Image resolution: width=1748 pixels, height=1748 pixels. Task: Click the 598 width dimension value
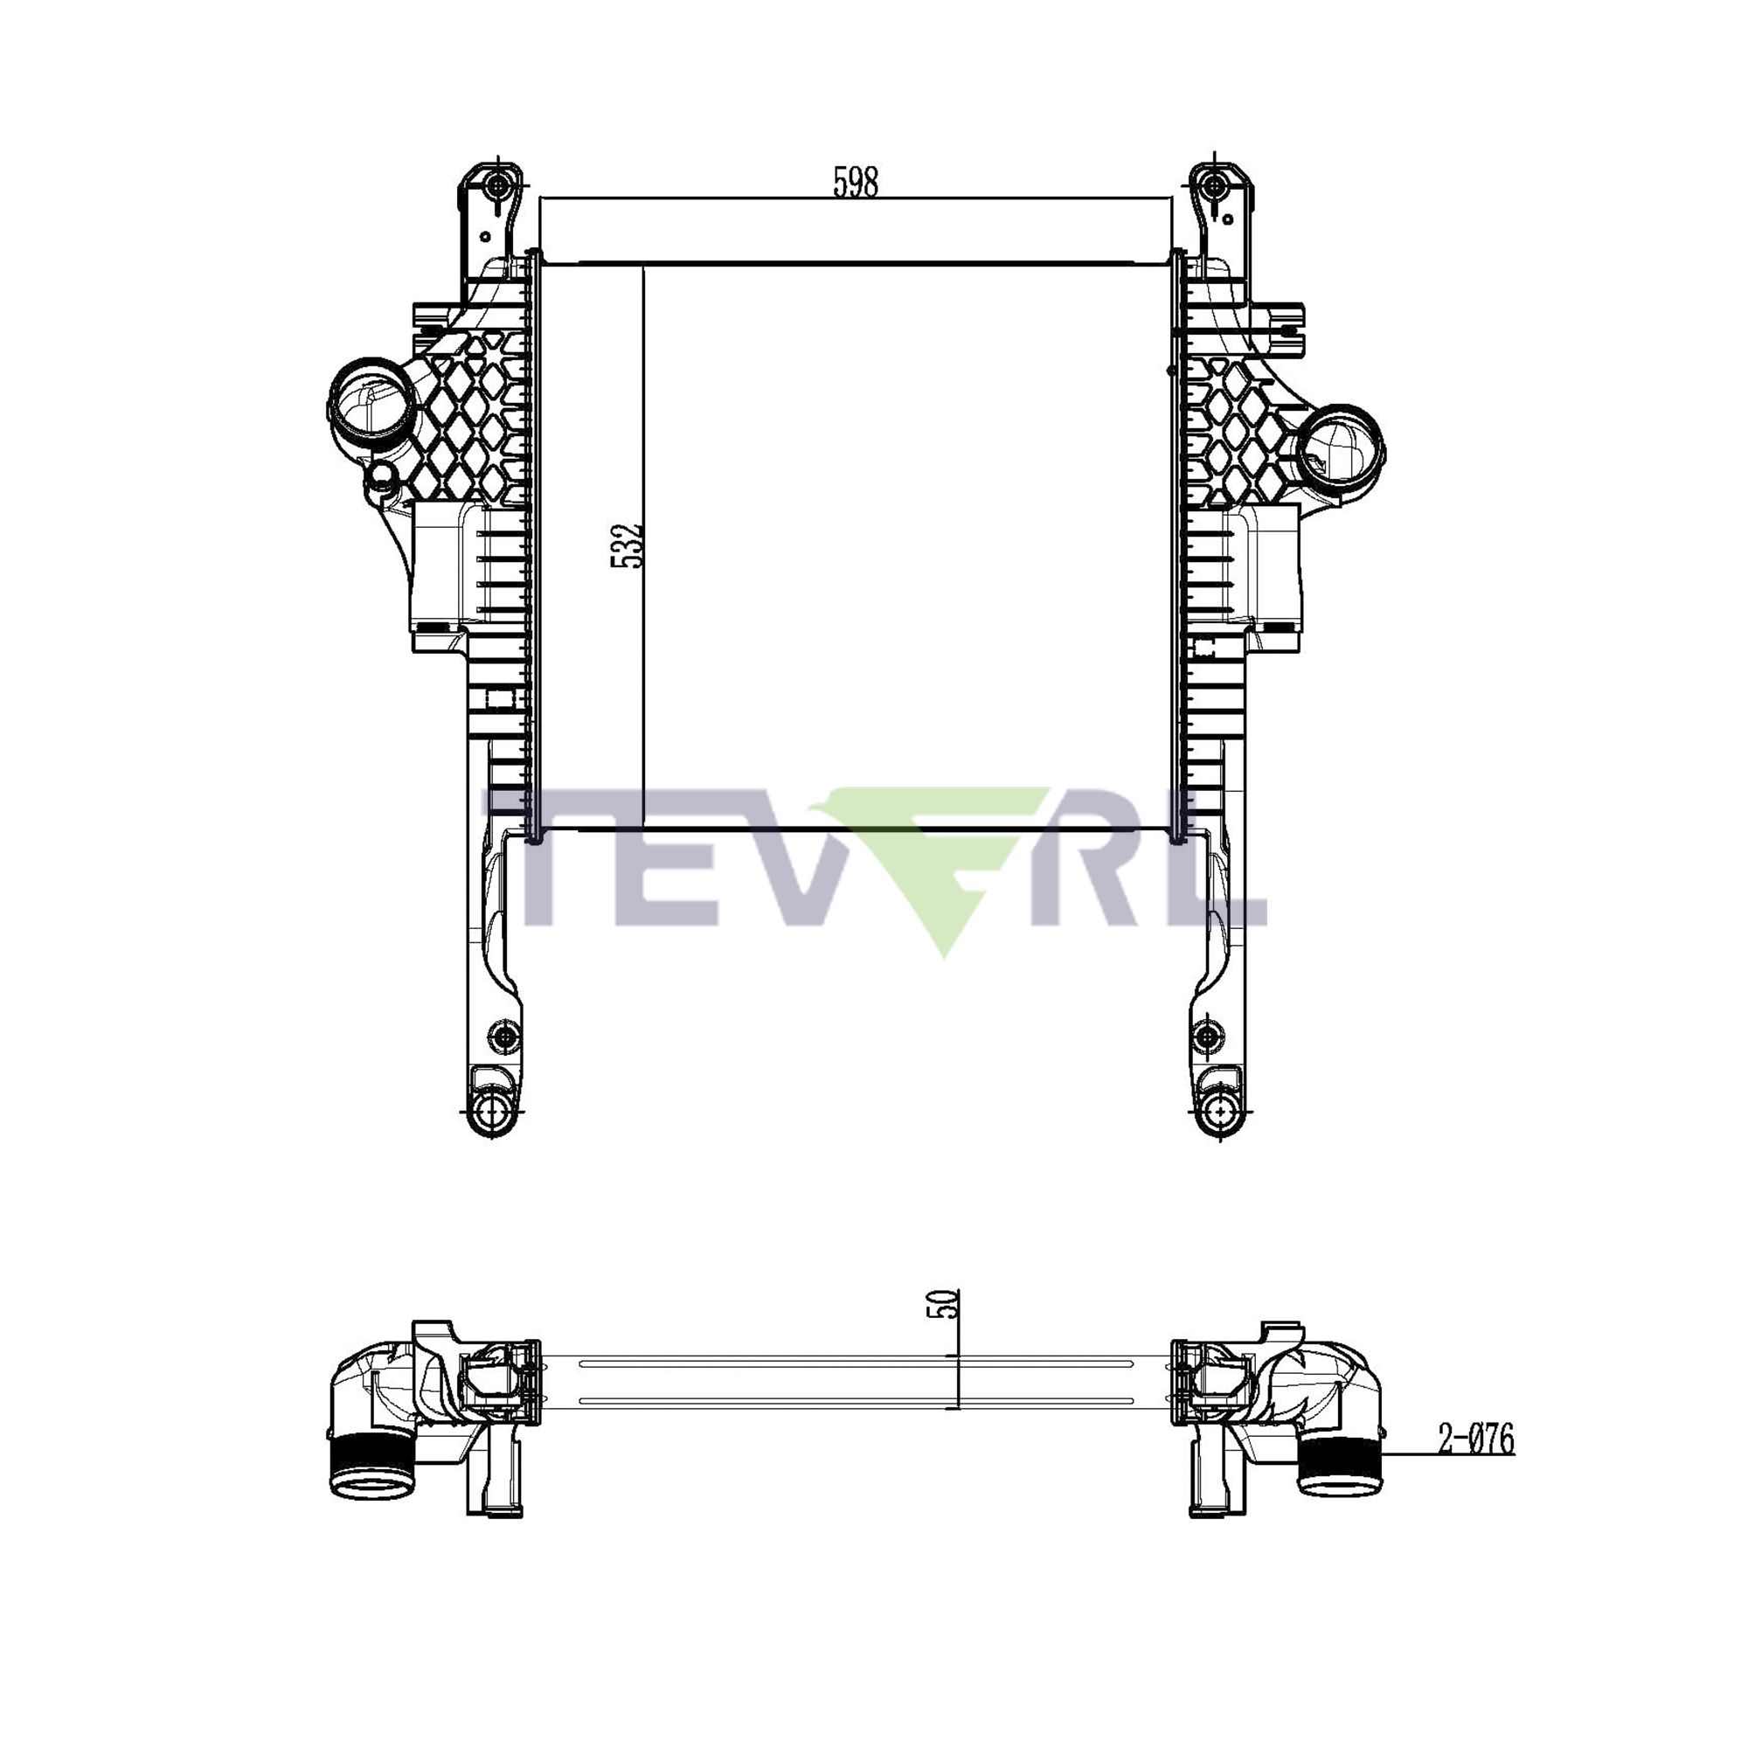pos(855,182)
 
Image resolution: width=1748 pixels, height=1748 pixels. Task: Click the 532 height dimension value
pos(627,544)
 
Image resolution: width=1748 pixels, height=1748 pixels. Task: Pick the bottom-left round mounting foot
pos(493,1111)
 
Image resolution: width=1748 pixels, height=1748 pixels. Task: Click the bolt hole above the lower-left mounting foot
pos(503,1034)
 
